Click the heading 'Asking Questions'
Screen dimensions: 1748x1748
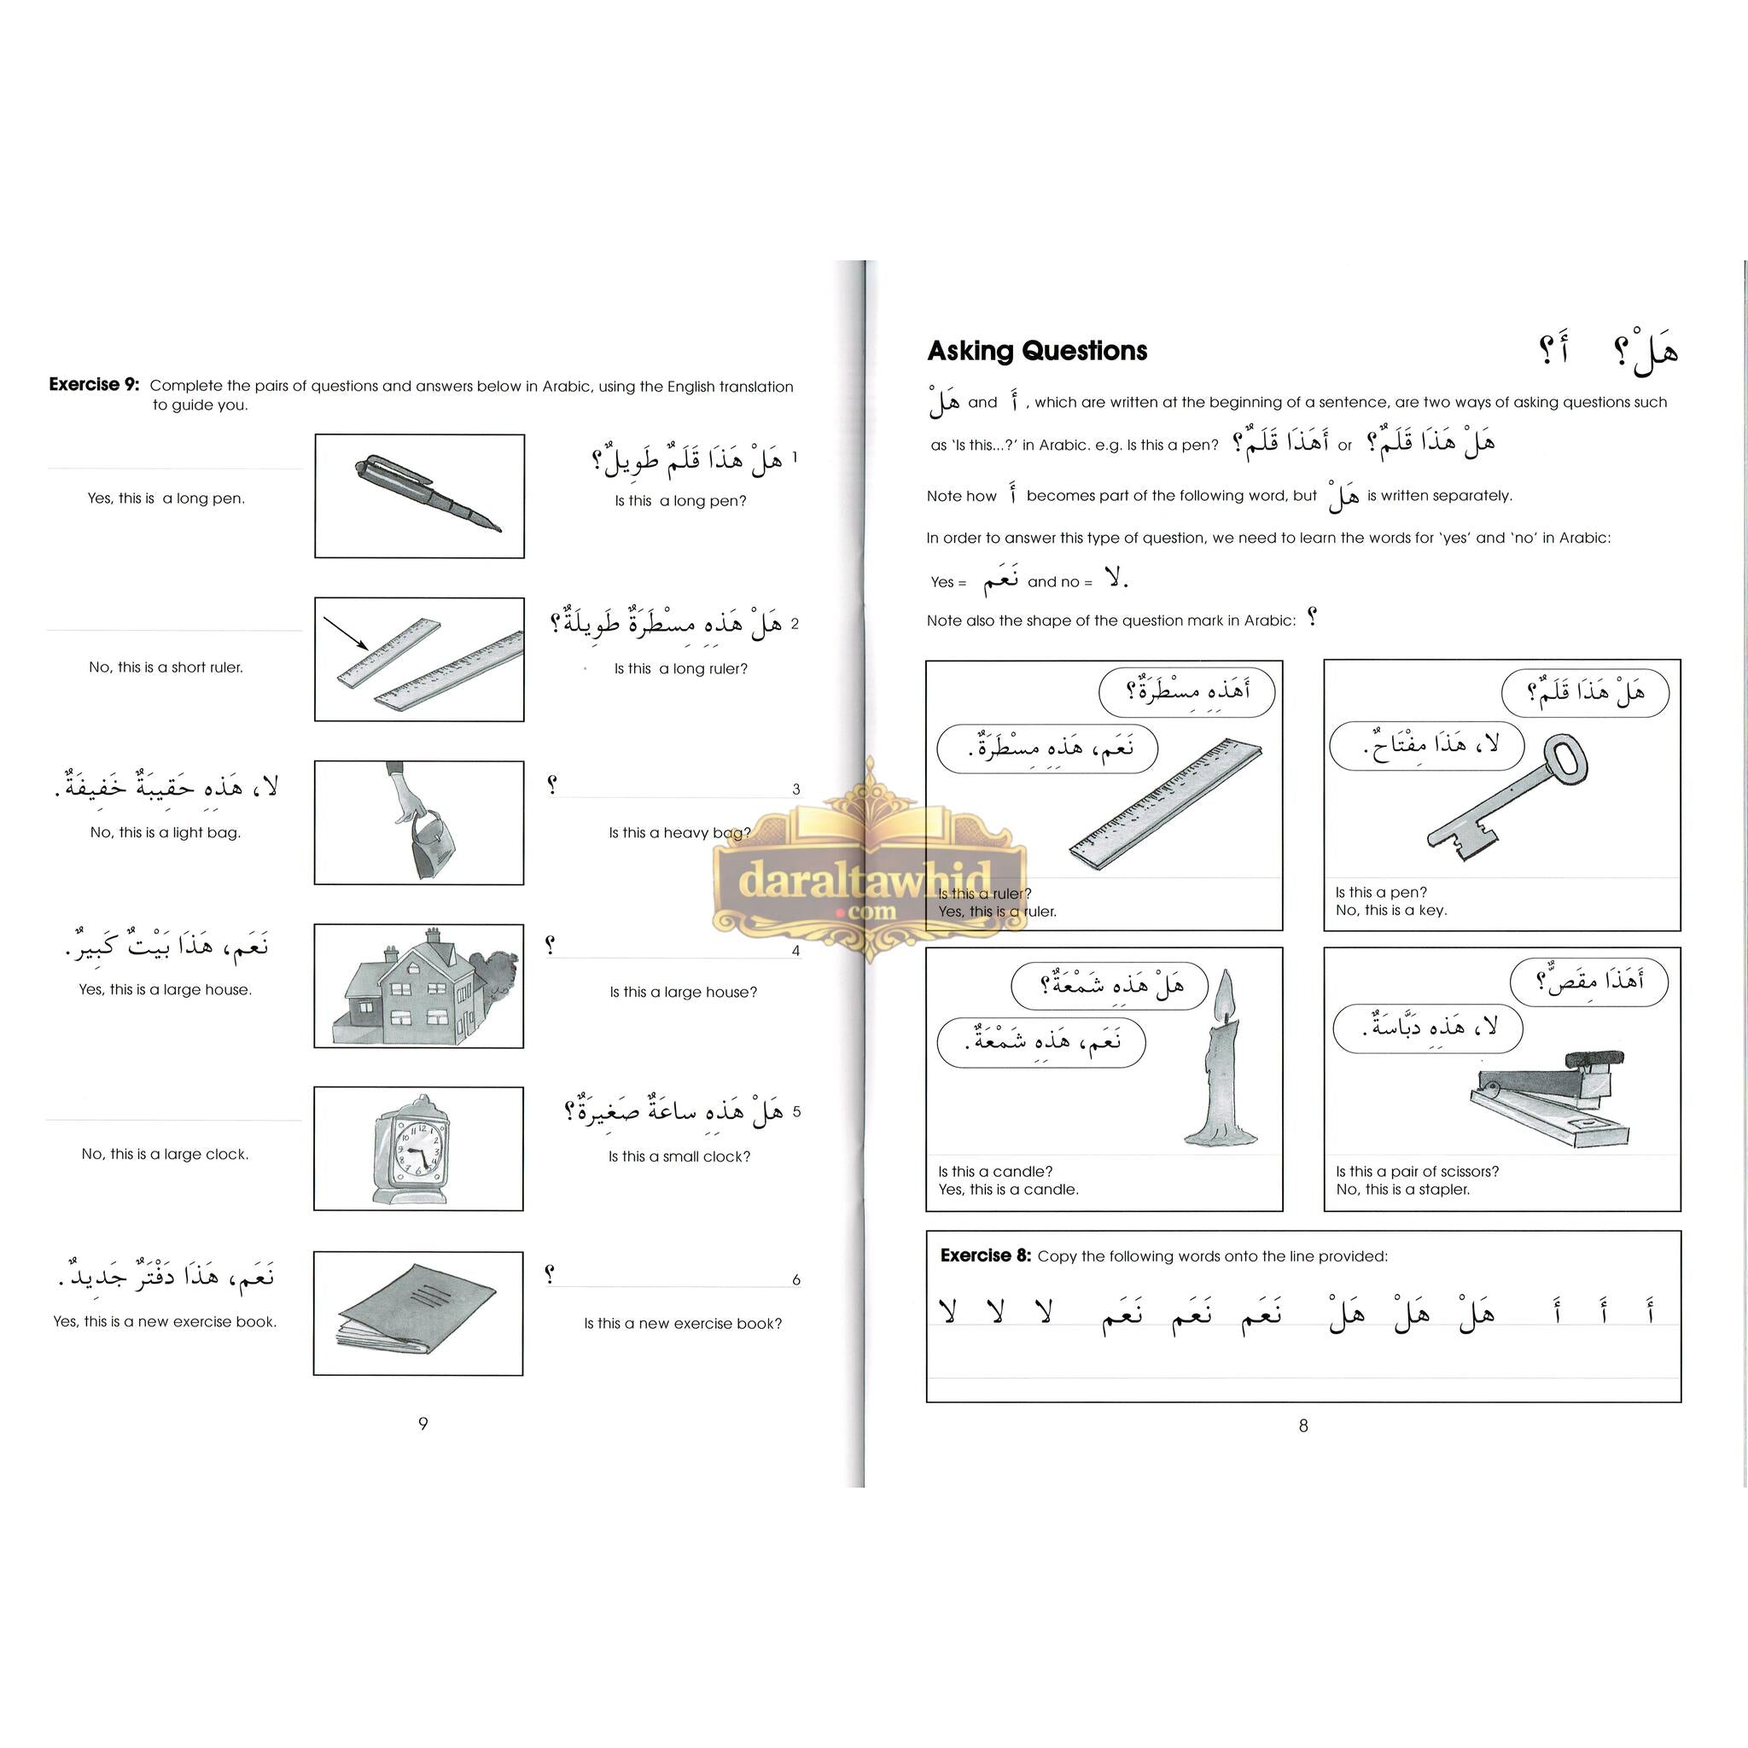1037,351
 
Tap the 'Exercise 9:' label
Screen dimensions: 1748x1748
94,385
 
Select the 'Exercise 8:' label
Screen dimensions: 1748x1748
985,1256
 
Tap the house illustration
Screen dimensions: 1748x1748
412,990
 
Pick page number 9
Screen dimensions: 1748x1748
422,1423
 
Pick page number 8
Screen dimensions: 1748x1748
1302,1426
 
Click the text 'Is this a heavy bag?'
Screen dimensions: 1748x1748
679,832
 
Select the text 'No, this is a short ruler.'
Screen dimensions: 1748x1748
166,667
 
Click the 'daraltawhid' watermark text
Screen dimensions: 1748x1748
865,877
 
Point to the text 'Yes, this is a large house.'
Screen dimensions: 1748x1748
166,990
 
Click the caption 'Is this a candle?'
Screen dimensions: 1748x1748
995,1171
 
